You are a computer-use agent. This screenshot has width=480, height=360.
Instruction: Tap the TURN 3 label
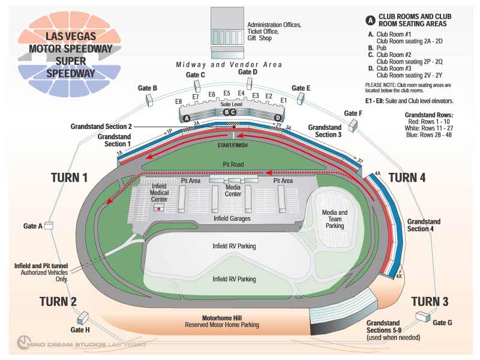click(x=430, y=301)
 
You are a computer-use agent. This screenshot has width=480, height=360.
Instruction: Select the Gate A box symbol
click(x=49, y=226)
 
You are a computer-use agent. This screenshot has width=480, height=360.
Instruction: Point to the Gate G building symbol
click(x=424, y=316)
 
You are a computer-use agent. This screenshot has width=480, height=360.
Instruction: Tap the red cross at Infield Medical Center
click(x=158, y=207)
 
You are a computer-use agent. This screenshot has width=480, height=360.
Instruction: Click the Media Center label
click(x=233, y=191)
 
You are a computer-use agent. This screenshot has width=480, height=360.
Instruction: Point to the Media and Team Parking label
click(x=334, y=219)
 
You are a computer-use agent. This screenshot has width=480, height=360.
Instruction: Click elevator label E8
click(x=178, y=101)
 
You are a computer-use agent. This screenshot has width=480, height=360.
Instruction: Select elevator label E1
click(x=284, y=100)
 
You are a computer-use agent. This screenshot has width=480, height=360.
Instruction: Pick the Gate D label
click(x=248, y=72)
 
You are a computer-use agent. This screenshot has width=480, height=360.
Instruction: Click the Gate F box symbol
click(x=353, y=125)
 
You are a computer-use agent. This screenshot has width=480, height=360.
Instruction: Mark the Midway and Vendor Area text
click(x=229, y=64)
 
